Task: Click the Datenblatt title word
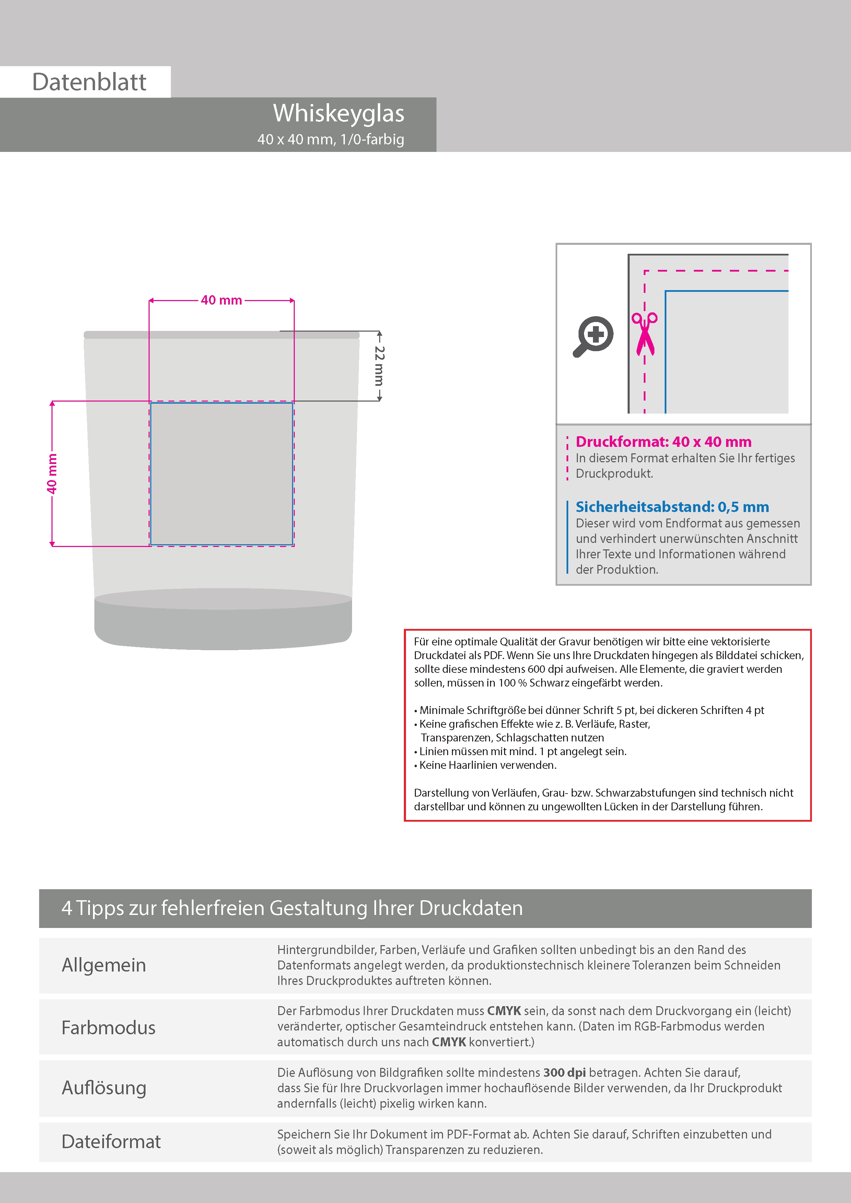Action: click(x=89, y=82)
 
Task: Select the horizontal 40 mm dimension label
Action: click(x=221, y=300)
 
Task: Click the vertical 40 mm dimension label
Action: click(x=51, y=474)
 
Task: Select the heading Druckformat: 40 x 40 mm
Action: click(x=663, y=442)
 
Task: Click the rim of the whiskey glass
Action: click(x=221, y=335)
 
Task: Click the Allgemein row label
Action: click(x=104, y=965)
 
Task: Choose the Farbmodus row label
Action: click(x=108, y=1027)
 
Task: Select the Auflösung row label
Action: click(x=104, y=1088)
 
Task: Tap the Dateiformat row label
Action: click(x=111, y=1142)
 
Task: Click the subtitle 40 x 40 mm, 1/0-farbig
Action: click(x=330, y=139)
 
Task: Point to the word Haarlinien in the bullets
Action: click(x=488, y=765)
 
